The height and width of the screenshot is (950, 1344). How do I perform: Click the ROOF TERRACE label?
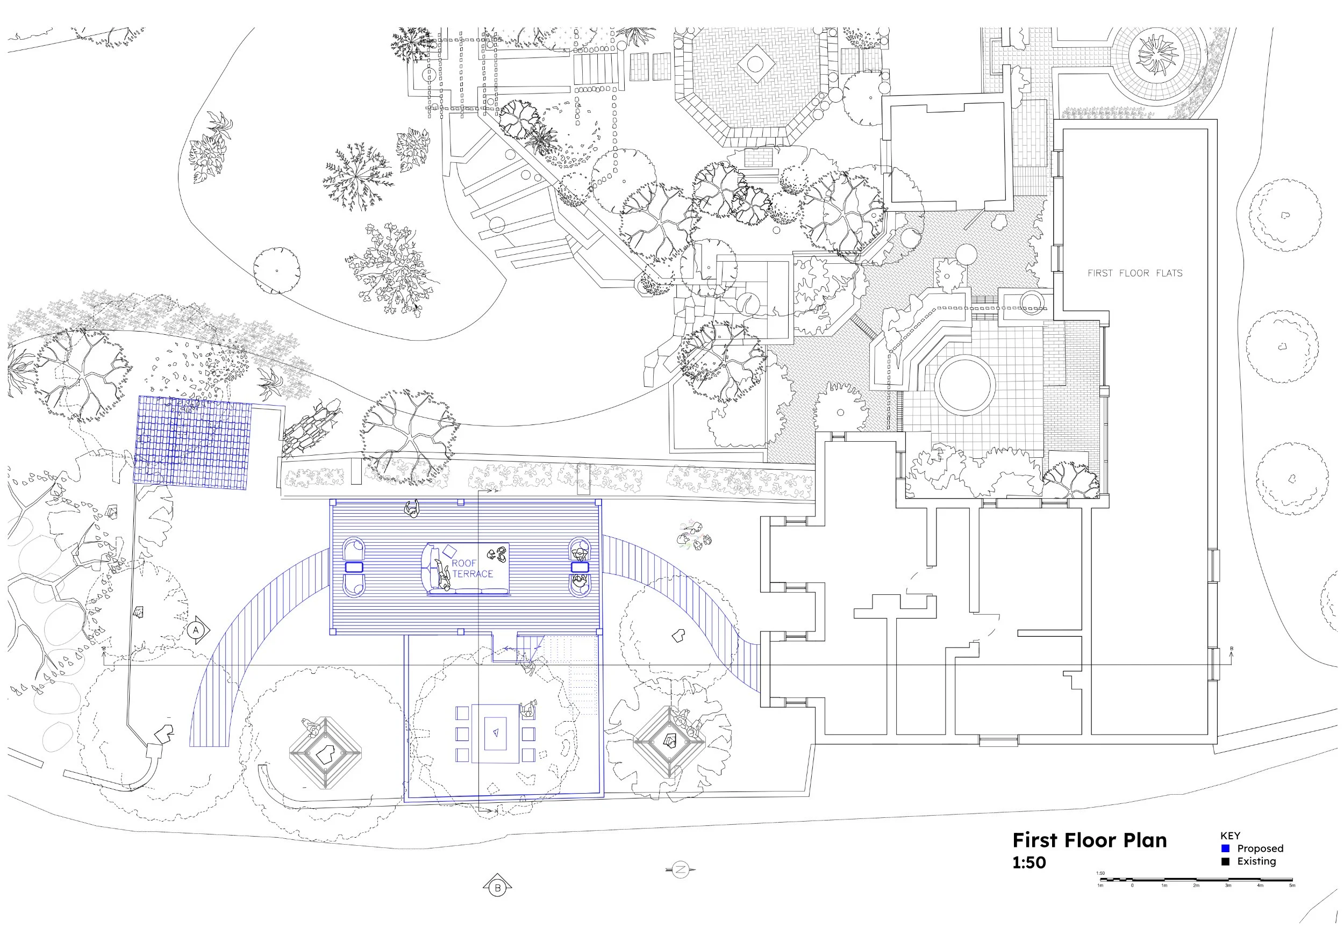[x=472, y=568]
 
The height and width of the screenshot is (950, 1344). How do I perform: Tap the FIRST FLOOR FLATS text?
[x=1134, y=273]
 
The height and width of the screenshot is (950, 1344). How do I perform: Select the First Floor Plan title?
[x=1089, y=840]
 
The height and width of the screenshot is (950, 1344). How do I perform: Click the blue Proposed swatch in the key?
[x=1225, y=848]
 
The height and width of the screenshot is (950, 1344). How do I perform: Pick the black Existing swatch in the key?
[x=1225, y=861]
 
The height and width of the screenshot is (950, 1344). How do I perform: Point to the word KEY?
[x=1230, y=836]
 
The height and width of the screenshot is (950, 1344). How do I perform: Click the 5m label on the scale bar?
[x=1292, y=886]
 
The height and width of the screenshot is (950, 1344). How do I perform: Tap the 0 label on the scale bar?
[x=1132, y=886]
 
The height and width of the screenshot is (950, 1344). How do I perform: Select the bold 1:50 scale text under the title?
[x=1029, y=863]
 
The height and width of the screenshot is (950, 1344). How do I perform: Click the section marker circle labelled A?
[x=196, y=630]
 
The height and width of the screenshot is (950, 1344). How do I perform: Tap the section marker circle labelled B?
[x=498, y=888]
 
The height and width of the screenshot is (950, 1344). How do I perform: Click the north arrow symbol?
[x=680, y=869]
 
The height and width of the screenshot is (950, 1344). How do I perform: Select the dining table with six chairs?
[x=495, y=733]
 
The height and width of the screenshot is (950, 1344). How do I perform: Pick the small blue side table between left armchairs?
[x=354, y=567]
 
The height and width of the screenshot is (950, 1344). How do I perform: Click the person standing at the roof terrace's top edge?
[x=413, y=508]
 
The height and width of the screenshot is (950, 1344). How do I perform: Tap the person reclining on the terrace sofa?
[x=441, y=574]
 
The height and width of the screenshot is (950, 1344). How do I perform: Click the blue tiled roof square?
[x=192, y=442]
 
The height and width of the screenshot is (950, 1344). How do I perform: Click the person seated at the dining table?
[x=527, y=710]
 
